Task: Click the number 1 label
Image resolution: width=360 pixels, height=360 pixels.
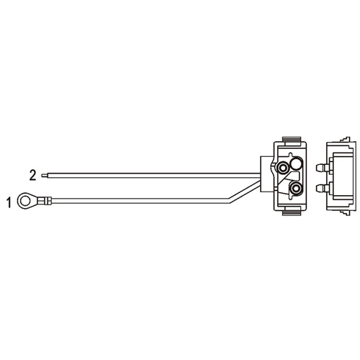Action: tap(9, 202)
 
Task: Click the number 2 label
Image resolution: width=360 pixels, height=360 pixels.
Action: tap(32, 175)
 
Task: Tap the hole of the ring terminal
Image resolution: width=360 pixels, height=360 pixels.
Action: tap(24, 200)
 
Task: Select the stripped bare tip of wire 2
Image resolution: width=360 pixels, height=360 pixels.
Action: tap(45, 175)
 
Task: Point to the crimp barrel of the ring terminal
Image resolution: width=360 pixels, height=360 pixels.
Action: tap(45, 201)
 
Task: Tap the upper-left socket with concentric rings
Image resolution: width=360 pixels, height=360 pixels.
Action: tap(282, 168)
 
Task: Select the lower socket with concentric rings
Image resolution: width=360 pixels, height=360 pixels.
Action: tap(296, 188)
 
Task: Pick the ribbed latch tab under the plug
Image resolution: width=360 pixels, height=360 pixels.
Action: tap(292, 213)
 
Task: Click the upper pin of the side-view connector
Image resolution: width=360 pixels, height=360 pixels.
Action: tap(322, 168)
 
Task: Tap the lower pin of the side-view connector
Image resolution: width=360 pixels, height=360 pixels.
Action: tap(322, 188)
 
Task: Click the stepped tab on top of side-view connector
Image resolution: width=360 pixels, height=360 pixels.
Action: tap(345, 140)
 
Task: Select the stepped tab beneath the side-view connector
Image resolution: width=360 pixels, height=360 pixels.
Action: tap(345, 213)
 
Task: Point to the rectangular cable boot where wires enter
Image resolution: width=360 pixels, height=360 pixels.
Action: tap(267, 174)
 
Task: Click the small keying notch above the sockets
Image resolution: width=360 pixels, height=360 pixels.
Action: tap(291, 153)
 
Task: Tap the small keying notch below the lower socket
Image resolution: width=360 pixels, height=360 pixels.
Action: tap(291, 198)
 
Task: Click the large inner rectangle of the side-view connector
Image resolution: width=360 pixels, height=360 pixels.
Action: tap(341, 178)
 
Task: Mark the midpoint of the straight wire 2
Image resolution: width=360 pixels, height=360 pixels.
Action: tap(154, 175)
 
